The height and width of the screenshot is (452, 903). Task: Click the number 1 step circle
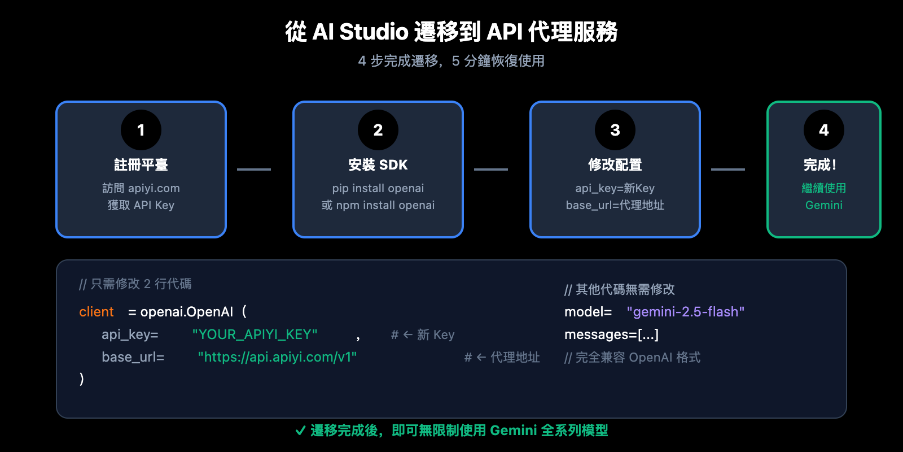(x=141, y=130)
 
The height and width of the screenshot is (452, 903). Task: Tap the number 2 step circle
(x=378, y=130)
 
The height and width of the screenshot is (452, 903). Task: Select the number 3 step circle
(x=615, y=130)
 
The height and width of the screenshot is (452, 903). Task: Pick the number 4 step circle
(x=824, y=130)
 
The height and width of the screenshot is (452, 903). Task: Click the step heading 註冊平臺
(x=141, y=165)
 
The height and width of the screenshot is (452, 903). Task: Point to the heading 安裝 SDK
(x=378, y=165)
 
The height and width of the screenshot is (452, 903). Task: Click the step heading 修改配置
(x=615, y=165)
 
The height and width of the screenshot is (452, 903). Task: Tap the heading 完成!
(x=820, y=165)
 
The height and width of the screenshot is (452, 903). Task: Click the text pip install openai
(x=378, y=188)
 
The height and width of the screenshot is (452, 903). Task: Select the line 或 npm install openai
(x=378, y=205)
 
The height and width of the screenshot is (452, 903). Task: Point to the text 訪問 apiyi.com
(x=141, y=188)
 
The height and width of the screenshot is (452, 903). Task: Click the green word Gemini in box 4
(x=824, y=205)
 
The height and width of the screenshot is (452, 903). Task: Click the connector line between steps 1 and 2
(x=254, y=169)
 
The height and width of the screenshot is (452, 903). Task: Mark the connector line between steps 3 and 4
(x=728, y=169)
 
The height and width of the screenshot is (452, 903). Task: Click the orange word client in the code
(x=97, y=312)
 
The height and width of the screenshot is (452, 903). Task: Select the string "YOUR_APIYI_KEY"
(x=255, y=334)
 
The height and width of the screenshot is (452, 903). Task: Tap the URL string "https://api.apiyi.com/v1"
(x=277, y=357)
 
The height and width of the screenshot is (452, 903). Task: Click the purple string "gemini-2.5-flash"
(x=686, y=312)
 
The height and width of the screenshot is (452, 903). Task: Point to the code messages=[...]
(x=611, y=334)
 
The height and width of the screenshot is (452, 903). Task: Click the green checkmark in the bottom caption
(x=301, y=431)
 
